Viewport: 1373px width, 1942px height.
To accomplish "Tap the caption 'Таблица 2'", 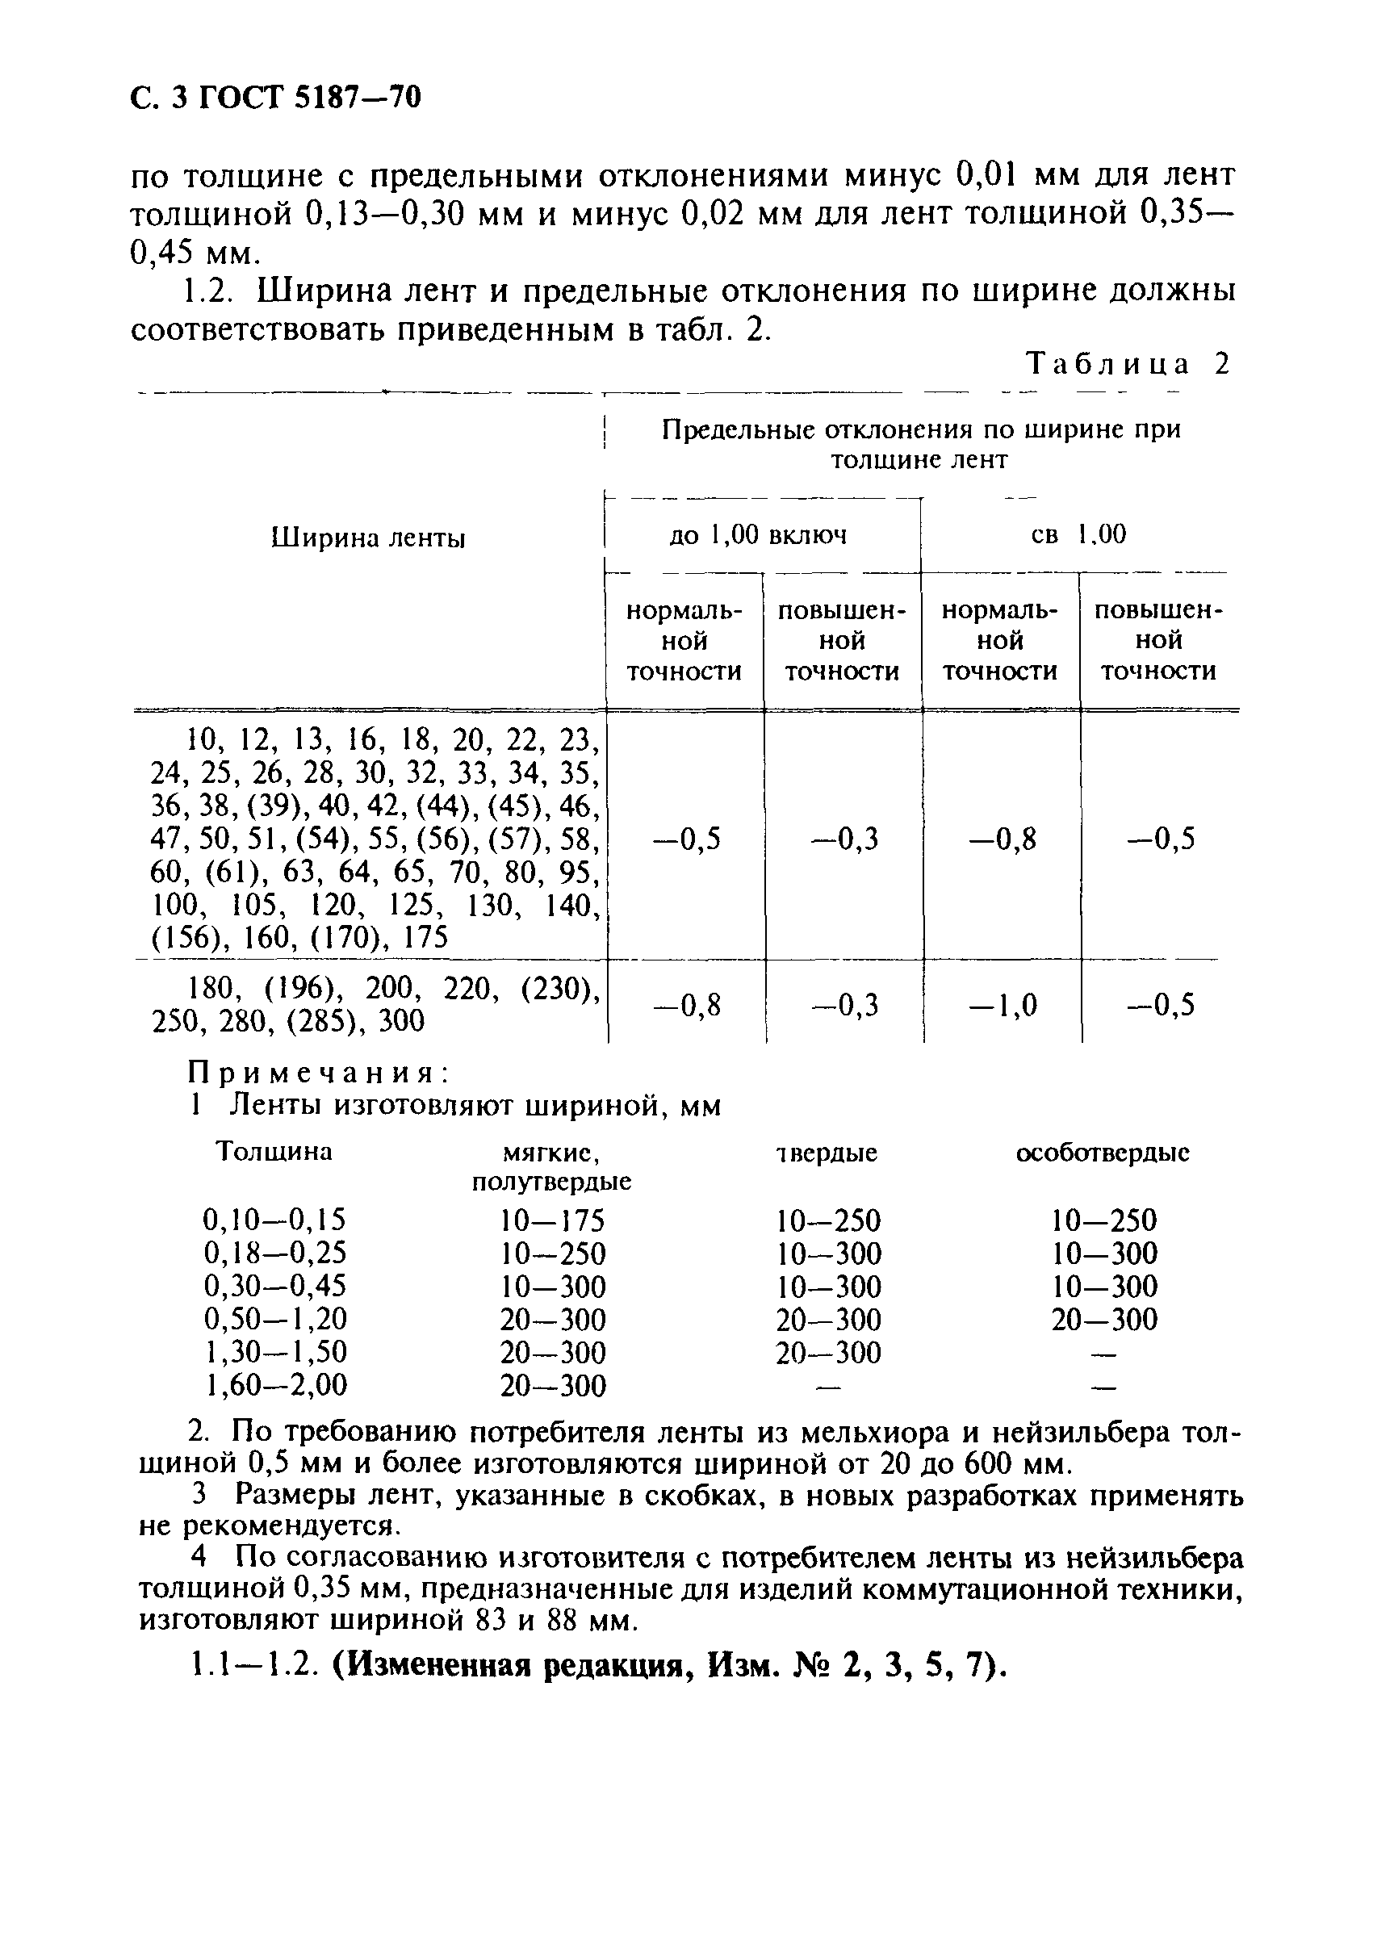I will point(1128,364).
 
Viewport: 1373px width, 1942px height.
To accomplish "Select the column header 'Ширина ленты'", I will point(368,538).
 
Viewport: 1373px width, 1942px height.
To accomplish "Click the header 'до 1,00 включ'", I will point(758,534).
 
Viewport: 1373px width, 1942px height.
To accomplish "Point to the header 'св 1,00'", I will point(1078,534).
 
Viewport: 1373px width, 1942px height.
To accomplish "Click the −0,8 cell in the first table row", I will point(1003,840).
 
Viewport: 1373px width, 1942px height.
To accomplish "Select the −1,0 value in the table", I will point(1003,1006).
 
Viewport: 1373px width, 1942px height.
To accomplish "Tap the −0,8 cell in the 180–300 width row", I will point(686,1006).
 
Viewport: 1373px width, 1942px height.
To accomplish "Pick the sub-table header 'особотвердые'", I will point(1103,1153).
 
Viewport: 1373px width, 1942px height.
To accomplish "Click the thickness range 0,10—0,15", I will point(275,1220).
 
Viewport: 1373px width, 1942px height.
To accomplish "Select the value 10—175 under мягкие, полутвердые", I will point(552,1220).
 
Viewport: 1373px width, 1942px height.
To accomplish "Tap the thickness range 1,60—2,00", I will point(275,1384).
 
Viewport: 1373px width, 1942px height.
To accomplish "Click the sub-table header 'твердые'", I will point(827,1153).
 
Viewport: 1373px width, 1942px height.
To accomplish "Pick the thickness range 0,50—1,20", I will point(275,1319).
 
